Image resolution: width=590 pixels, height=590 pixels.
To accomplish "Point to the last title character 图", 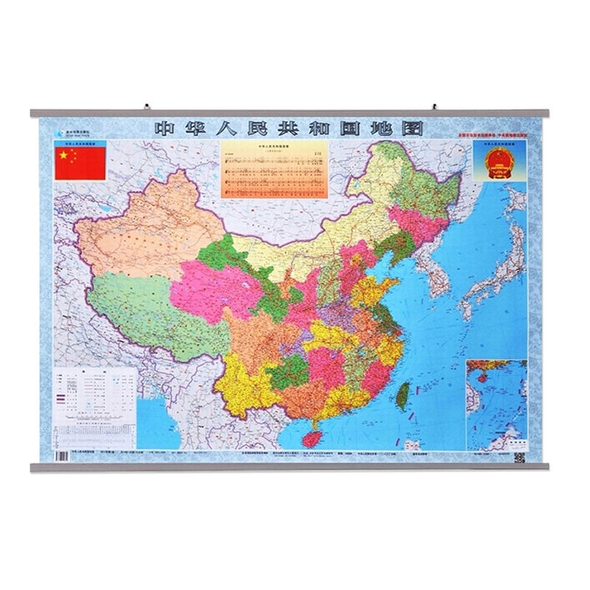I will [x=413, y=127].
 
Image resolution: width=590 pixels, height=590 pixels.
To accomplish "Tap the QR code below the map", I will [x=518, y=458].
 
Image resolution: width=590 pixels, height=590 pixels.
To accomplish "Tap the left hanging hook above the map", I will [x=147, y=105].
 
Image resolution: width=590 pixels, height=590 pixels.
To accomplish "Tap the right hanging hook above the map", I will [x=435, y=105].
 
